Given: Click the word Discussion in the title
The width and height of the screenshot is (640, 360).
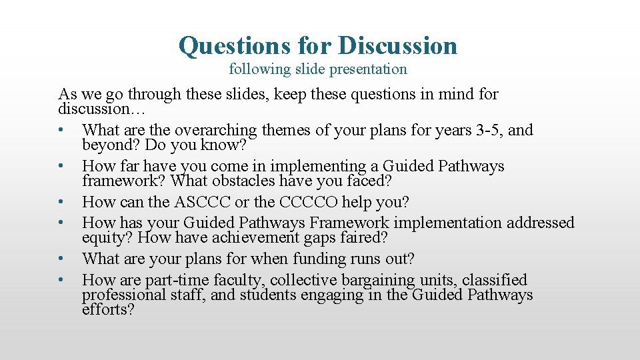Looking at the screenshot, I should pos(397,45).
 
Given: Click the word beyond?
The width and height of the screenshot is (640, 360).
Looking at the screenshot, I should pos(107,144).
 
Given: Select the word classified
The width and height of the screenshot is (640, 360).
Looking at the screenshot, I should pos(495,280).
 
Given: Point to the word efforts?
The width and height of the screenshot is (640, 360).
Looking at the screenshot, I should pos(108,309).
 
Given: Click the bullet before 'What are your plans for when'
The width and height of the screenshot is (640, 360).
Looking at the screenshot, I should pos(61,259).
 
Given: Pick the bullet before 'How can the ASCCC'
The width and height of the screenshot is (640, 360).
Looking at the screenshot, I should pos(61,202).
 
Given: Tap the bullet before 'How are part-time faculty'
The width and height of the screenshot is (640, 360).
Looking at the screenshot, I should pos(61,280).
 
